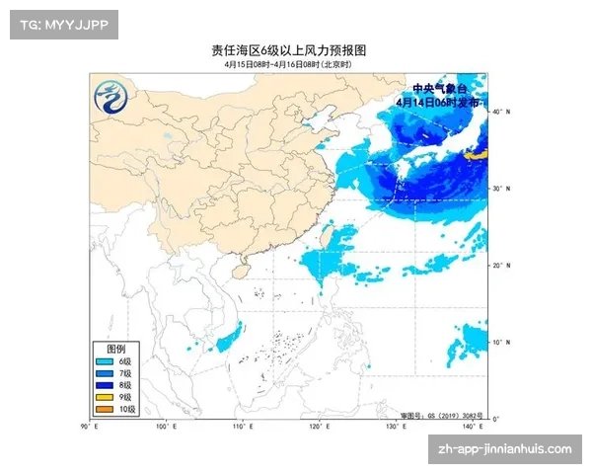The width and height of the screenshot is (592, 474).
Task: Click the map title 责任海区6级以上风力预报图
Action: [x=295, y=49]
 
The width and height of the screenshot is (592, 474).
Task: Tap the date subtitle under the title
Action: [x=295, y=64]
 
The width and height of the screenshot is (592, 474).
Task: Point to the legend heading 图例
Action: [x=116, y=350]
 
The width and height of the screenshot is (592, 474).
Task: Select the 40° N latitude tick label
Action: [x=502, y=112]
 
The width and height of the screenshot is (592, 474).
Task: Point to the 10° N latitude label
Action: [x=502, y=342]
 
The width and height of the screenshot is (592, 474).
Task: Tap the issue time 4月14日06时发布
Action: [x=438, y=102]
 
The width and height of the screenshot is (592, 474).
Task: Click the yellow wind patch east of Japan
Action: [x=477, y=155]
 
